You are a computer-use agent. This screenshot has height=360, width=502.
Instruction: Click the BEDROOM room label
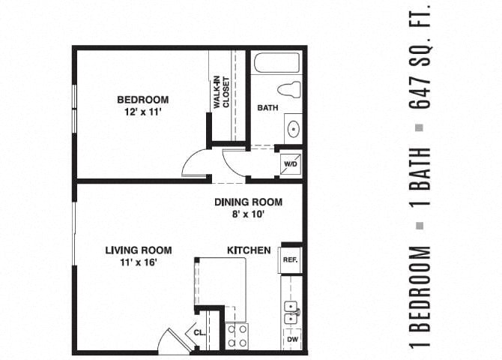pyautogui.click(x=142, y=100)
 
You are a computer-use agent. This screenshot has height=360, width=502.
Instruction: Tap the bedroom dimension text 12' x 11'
pyautogui.click(x=142, y=112)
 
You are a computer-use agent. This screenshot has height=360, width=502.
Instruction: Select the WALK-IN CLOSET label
pyautogui.click(x=221, y=92)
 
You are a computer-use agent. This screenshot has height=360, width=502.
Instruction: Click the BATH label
pyautogui.click(x=267, y=108)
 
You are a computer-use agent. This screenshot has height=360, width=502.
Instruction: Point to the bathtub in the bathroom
pyautogui.click(x=276, y=62)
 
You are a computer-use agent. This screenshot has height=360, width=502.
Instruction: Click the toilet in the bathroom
pyautogui.click(x=288, y=89)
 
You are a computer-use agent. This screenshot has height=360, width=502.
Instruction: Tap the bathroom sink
pyautogui.click(x=292, y=127)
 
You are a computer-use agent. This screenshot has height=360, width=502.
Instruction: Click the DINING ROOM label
pyautogui.click(x=248, y=202)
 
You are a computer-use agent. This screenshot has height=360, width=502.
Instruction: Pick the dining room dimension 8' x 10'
pyautogui.click(x=248, y=214)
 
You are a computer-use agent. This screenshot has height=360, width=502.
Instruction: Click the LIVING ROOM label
pyautogui.click(x=139, y=250)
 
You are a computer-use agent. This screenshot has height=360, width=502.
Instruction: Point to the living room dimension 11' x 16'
pyautogui.click(x=139, y=262)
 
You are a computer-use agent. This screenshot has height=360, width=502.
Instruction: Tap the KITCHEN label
pyautogui.click(x=249, y=250)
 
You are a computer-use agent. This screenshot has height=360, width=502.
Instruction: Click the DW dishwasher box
pyautogui.click(x=291, y=340)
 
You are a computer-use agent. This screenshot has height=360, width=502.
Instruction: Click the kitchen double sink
pyautogui.click(x=291, y=313)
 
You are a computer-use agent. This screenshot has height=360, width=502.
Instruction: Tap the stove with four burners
pyautogui.click(x=237, y=335)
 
